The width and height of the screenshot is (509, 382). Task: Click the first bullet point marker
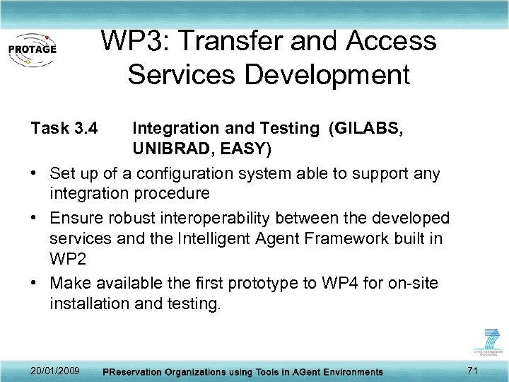coord(35,174)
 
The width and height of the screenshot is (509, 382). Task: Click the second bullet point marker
coord(35,217)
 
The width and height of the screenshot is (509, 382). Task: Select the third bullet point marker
coord(35,284)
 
